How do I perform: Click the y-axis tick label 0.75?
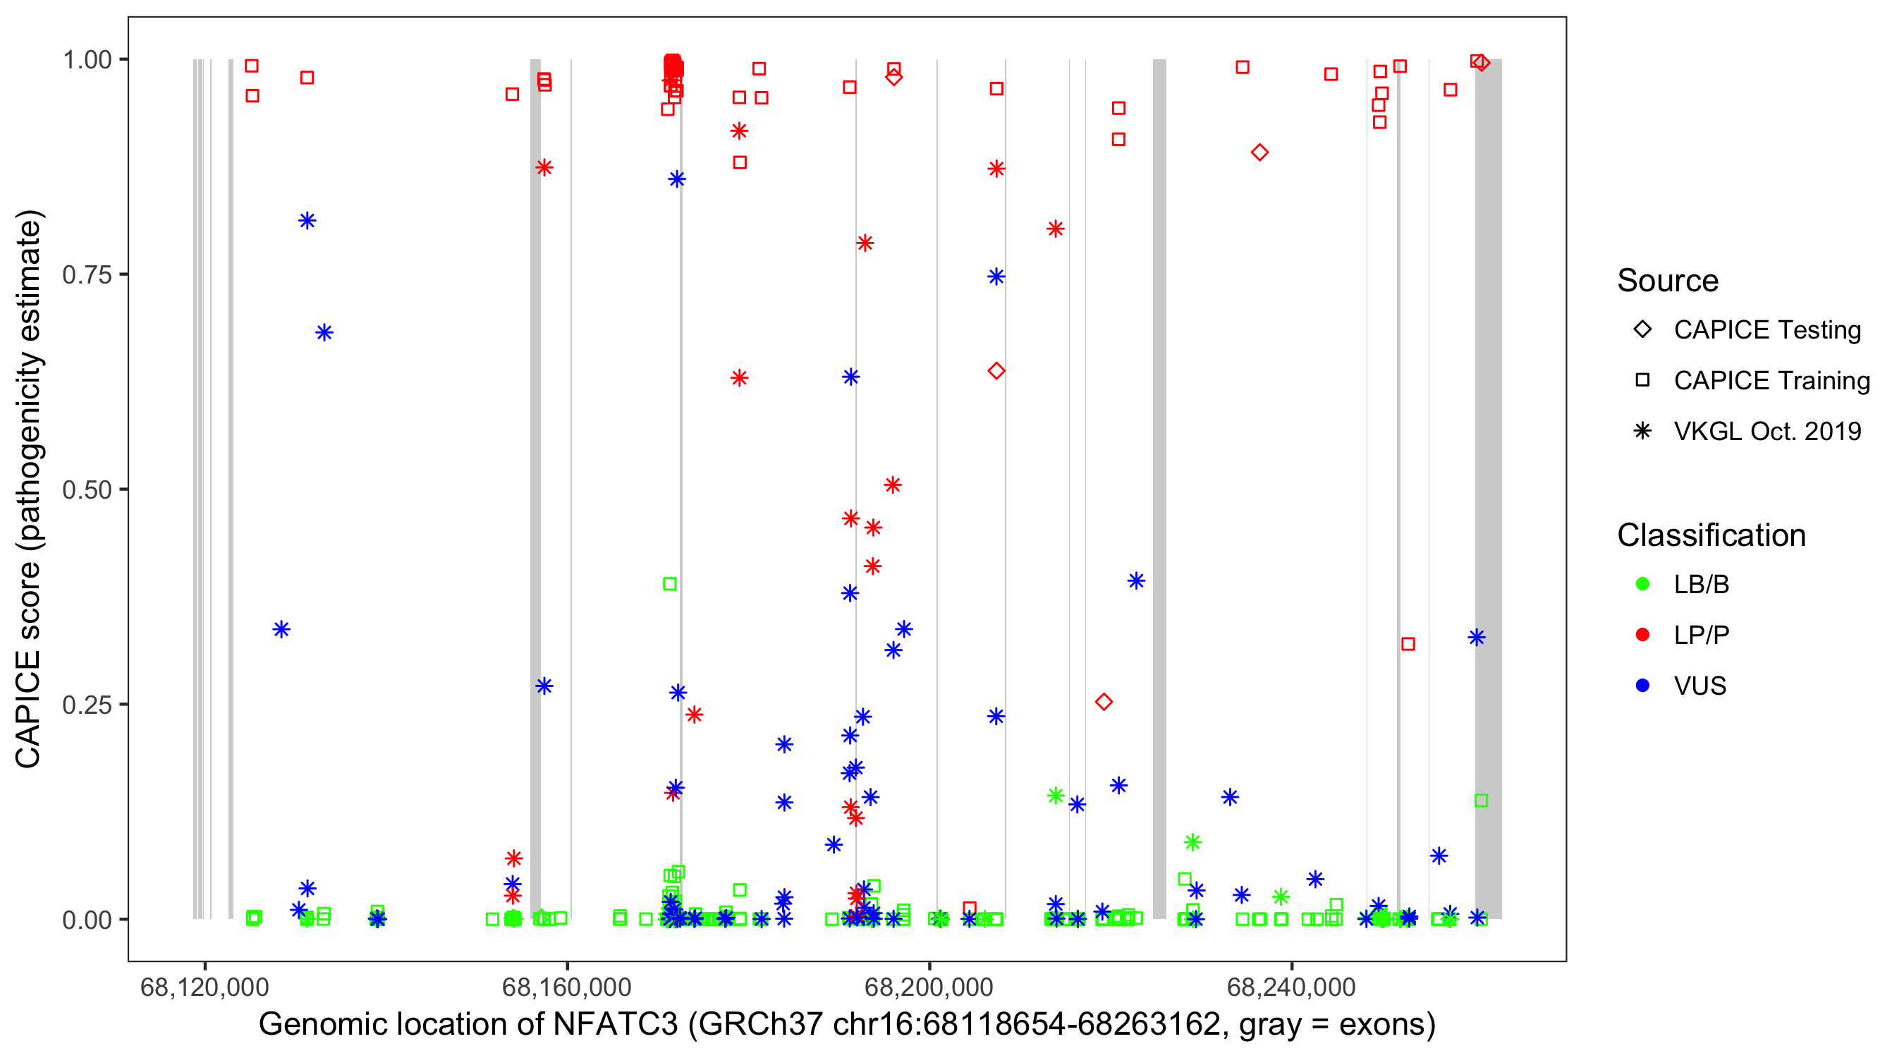pos(86,275)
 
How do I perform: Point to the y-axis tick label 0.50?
pos(86,490)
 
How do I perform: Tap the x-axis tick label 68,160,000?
pos(566,987)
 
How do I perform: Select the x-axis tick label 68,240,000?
pos(1290,987)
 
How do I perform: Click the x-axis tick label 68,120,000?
pos(204,987)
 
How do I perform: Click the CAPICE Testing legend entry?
pos(1766,330)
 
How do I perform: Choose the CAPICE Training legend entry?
pos(1771,381)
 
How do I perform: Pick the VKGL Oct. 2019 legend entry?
pos(1766,431)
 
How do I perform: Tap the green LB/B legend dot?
pos(1642,584)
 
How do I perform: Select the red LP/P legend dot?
pos(1642,635)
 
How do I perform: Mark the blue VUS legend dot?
pos(1642,686)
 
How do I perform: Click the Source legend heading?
pos(1668,281)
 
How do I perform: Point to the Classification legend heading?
pos(1711,535)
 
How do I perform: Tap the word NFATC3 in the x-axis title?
pos(615,1025)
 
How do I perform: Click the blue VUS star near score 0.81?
pos(307,221)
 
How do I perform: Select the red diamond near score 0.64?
pos(996,371)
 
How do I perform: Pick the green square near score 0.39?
pos(670,584)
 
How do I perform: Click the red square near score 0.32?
pos(1408,644)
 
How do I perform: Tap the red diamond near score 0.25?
pos(1104,702)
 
